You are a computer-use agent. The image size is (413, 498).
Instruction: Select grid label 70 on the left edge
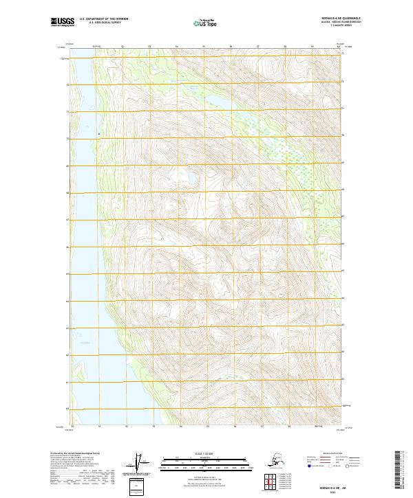click(67, 139)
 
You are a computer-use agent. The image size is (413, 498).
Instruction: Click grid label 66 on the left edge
click(67, 247)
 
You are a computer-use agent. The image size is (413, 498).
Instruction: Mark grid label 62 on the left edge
click(67, 354)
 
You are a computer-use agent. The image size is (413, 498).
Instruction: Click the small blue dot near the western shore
click(99, 133)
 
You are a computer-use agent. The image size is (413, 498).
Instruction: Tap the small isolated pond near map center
click(187, 180)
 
